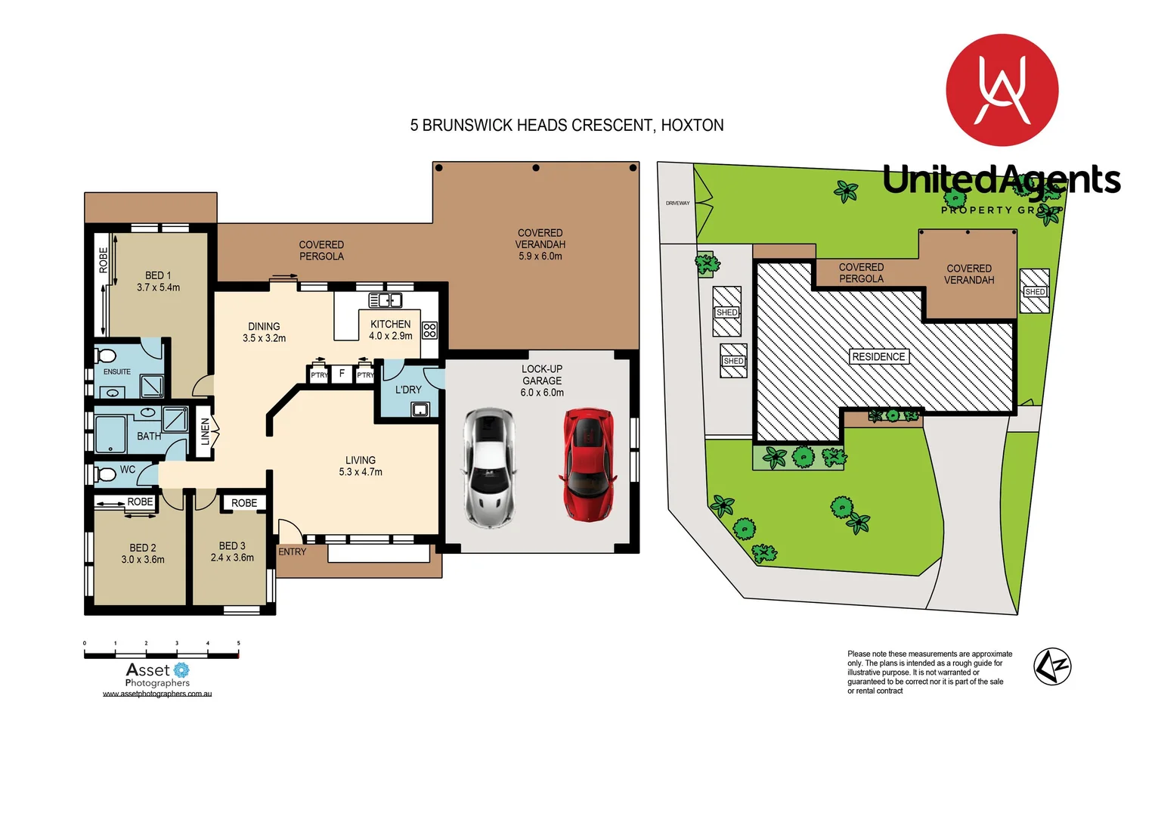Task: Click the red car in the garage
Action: [587, 464]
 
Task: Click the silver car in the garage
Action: [489, 468]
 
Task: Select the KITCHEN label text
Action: [391, 325]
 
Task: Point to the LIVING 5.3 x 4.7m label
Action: [361, 466]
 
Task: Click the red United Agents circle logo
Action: [1002, 90]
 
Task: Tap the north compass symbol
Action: [1051, 666]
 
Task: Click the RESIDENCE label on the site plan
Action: [878, 356]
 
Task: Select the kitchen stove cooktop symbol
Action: [429, 330]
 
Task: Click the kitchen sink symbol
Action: [386, 300]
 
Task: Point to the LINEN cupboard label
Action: [205, 433]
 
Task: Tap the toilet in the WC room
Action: [104, 474]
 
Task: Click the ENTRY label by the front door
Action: [293, 551]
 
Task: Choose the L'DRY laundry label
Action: [408, 390]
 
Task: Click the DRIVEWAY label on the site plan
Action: [677, 203]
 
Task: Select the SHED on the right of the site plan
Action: [1035, 291]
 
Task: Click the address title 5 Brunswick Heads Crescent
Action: [567, 125]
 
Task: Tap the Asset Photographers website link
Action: [157, 694]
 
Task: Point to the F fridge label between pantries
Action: [342, 374]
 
